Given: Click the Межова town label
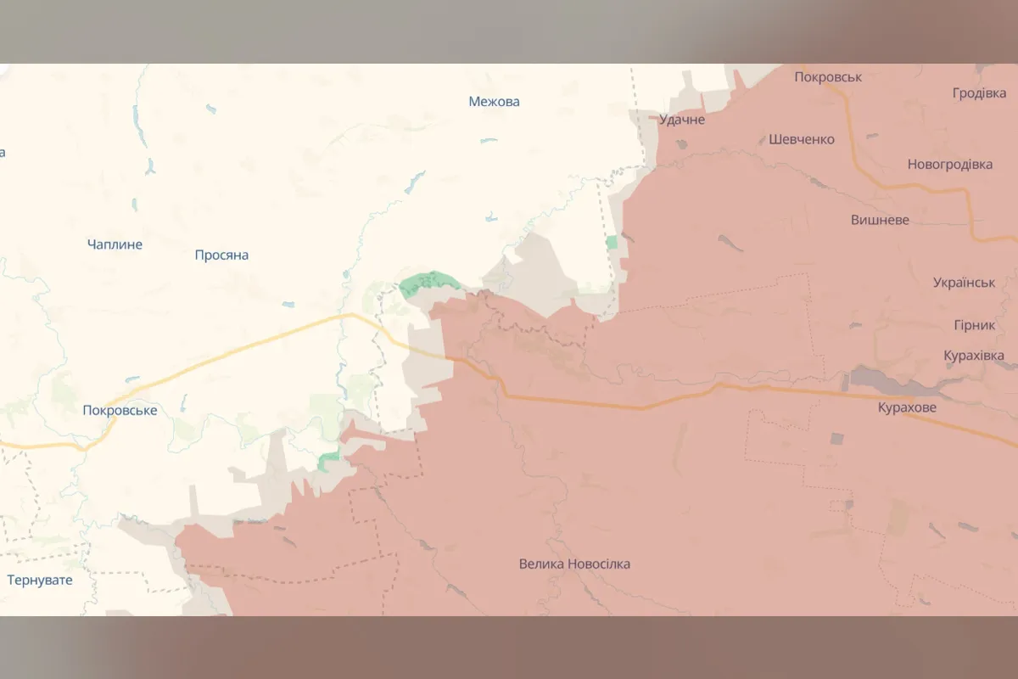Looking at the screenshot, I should point(494,102).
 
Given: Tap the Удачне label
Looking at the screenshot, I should point(682,120).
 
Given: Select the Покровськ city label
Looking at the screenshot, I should point(828,77).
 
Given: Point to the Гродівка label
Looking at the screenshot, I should point(979,93).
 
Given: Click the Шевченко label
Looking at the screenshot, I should point(802,139).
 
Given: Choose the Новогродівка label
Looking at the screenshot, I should point(950,165).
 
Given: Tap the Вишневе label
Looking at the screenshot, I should point(880,220).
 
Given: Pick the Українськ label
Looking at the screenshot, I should point(964,282).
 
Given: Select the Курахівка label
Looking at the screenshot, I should point(974,356).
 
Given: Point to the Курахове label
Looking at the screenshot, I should point(908,408).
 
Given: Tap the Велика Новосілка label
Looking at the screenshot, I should point(574,564).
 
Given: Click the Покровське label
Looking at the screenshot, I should point(120,411).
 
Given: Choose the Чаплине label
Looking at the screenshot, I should point(115,244).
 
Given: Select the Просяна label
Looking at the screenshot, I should point(221,255).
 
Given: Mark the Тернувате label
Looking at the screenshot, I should point(40,581).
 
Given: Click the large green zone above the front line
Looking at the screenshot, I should point(428,282).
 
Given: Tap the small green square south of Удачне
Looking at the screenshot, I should point(612,242).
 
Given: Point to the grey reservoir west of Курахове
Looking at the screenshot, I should point(882,379).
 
